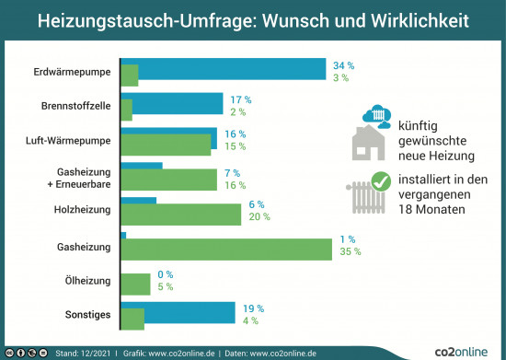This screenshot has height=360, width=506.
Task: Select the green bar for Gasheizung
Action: pos(226,249)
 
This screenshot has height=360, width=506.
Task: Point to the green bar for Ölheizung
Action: pos(135,284)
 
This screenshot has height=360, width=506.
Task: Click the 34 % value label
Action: pos(343,65)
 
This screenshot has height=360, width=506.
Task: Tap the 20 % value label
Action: pos(259,216)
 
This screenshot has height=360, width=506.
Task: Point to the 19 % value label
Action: pos(253,308)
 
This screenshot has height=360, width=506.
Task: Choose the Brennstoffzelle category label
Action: pos(76,106)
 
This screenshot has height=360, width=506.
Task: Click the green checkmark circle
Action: pos(378,182)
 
